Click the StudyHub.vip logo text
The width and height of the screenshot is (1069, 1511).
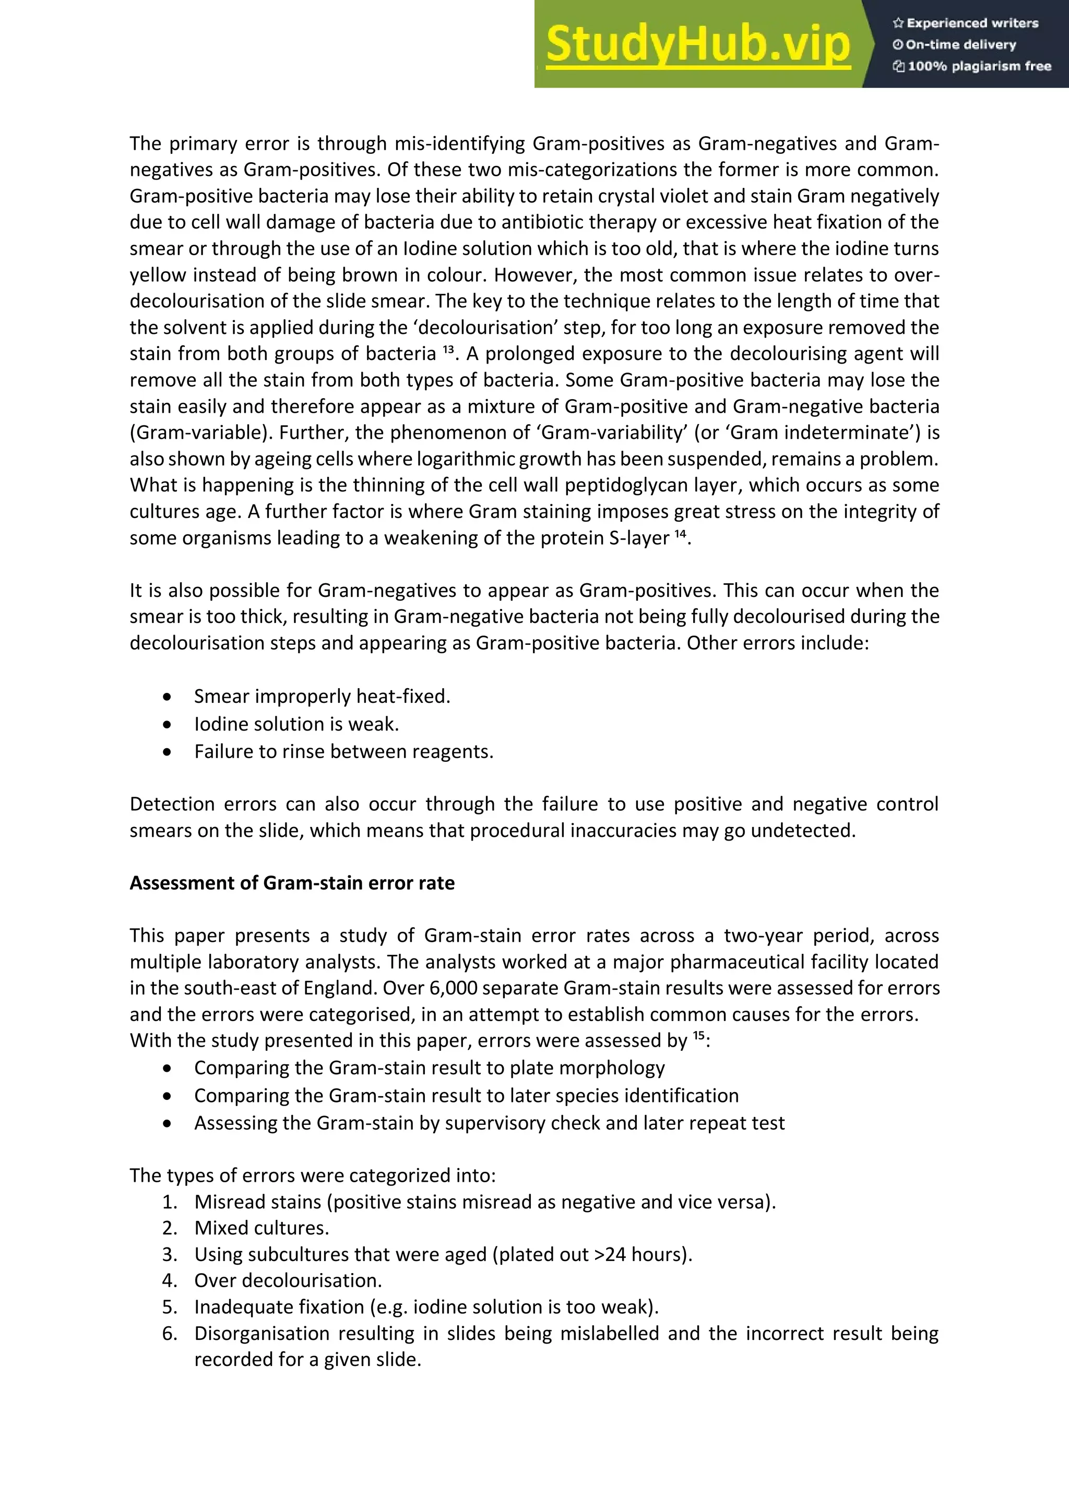[698, 45]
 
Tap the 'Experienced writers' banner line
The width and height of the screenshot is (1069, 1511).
[966, 23]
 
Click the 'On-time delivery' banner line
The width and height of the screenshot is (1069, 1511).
[955, 45]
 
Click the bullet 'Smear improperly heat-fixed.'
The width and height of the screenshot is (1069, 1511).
[322, 696]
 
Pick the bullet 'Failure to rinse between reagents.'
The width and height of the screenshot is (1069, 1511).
[343, 751]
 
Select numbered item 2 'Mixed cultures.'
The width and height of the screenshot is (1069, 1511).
[262, 1228]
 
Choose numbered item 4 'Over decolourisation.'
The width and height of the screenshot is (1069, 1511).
[288, 1281]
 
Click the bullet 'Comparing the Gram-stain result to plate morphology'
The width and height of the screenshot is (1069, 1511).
[429, 1068]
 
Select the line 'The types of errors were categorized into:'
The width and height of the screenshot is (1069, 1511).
[313, 1176]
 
